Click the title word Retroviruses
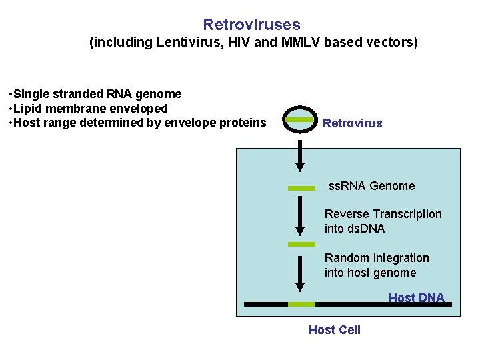[251, 25]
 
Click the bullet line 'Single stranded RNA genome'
[97, 94]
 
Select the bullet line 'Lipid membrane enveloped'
[90, 108]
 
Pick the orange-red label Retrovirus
[353, 123]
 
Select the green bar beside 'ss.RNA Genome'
[301, 189]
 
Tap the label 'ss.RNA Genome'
[371, 186]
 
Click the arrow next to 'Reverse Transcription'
[300, 213]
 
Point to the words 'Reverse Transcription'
[383, 214]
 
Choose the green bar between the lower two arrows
[301, 245]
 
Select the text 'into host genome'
[370, 273]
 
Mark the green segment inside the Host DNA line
[301, 304]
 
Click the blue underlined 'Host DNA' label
[416, 298]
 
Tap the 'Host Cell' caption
[335, 330]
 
